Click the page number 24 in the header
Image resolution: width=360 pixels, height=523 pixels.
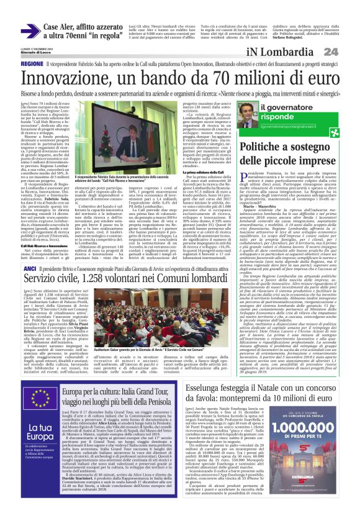click(x=330, y=52)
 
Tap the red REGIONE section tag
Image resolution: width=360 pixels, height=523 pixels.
click(x=32, y=64)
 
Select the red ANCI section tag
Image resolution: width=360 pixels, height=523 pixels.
click(x=29, y=268)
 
